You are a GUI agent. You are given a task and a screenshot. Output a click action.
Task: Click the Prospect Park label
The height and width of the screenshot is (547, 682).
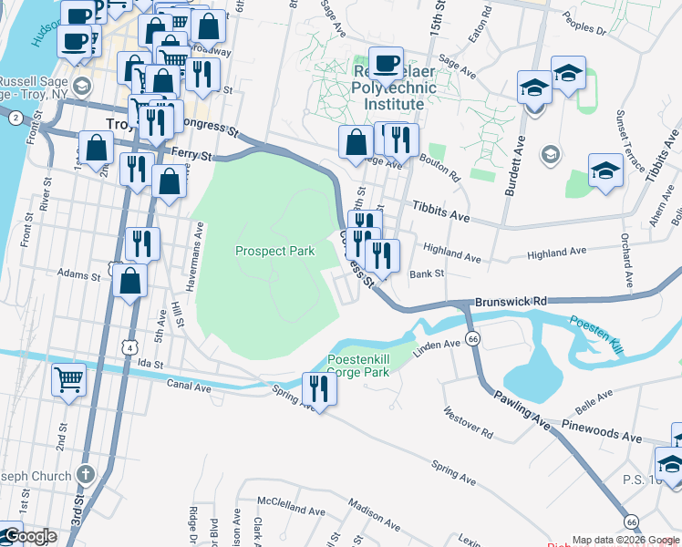pos(274,251)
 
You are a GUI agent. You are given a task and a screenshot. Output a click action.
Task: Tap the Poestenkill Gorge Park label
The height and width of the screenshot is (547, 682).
pos(358,365)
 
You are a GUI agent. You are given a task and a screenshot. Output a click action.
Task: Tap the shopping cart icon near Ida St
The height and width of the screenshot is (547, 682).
pos(68,379)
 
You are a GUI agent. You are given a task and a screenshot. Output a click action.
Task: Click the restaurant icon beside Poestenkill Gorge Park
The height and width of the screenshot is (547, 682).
pos(319,387)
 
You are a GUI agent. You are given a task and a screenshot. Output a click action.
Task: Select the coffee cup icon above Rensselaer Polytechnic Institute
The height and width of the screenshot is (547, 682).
pos(386,64)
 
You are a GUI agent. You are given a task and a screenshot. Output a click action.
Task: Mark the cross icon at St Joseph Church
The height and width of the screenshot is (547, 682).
pos(85,475)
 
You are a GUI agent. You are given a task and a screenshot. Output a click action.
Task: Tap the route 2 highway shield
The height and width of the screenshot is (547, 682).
pos(15,118)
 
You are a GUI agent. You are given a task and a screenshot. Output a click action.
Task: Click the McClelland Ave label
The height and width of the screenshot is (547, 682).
pos(285,501)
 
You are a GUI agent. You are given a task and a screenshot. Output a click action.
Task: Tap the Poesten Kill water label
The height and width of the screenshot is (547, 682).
pos(596,324)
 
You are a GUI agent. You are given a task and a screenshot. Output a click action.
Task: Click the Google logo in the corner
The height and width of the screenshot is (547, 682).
pos(29,537)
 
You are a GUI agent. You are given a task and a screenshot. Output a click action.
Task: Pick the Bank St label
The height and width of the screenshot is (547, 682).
pos(426,273)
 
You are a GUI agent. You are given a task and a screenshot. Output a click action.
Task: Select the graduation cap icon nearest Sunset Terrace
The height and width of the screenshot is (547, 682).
pos(604,171)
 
